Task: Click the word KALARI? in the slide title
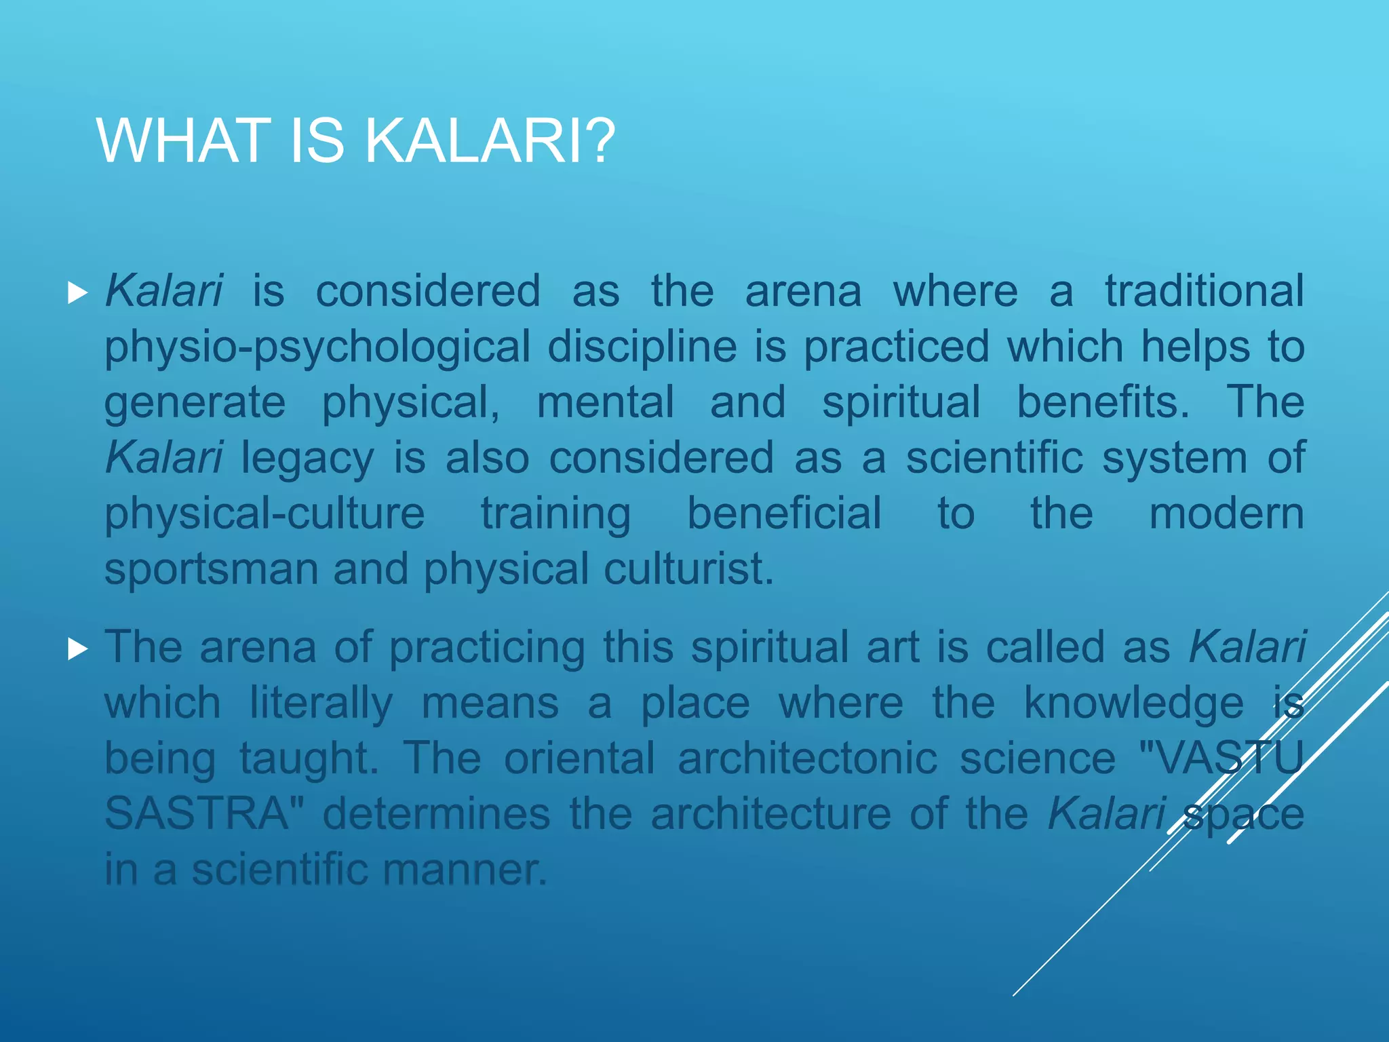coord(490,141)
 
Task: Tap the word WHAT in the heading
coord(180,141)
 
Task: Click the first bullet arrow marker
coord(78,294)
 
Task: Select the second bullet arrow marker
coord(78,649)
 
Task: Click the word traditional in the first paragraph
coord(1205,291)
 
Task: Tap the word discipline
coord(642,347)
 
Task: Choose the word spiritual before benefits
coord(901,402)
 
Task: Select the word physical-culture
coord(265,514)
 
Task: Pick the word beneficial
coord(784,514)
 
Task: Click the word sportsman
coord(211,569)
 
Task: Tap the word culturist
coord(688,569)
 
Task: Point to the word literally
coord(321,703)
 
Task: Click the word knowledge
coord(1133,703)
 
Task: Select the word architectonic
coord(807,758)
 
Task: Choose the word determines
coord(436,813)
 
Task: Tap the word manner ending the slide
coord(464,869)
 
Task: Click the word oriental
coord(579,758)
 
